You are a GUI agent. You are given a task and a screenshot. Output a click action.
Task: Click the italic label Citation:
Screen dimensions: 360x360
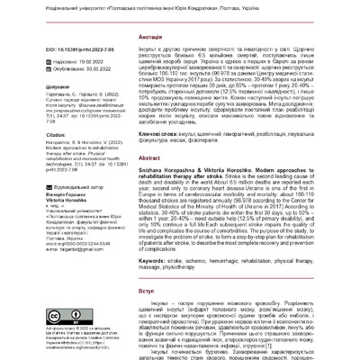coord(47,172)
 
